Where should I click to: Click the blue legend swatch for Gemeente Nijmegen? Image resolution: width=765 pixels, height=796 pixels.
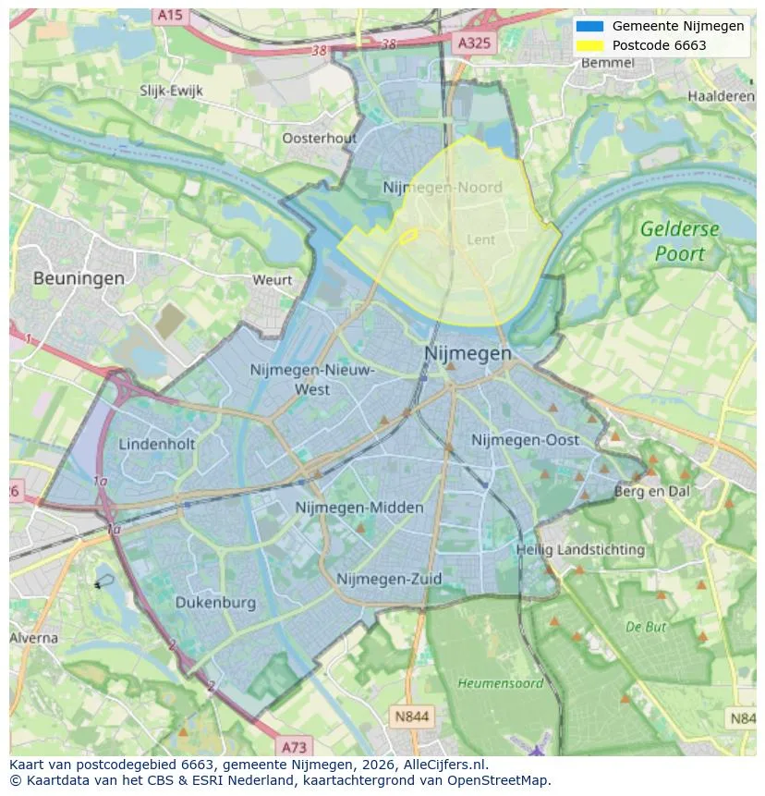(x=589, y=26)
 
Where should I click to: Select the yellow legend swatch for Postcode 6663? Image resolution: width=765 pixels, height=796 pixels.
(x=589, y=45)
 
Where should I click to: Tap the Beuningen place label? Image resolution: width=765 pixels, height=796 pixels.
(x=79, y=277)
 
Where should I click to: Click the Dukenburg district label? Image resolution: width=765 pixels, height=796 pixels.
(x=215, y=603)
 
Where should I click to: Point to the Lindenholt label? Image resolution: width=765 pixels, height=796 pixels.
(x=157, y=444)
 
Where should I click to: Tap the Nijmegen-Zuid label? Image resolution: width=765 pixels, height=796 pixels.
(x=389, y=579)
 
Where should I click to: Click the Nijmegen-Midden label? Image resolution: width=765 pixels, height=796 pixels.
(x=359, y=508)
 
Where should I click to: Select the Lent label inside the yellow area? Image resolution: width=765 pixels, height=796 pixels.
(x=481, y=239)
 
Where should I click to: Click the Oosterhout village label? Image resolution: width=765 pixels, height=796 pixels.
(x=319, y=138)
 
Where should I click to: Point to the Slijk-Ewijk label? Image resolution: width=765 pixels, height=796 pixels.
(x=171, y=91)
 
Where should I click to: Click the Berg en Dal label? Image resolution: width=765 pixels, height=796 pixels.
(x=651, y=492)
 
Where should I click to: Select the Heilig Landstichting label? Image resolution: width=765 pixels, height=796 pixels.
(x=580, y=549)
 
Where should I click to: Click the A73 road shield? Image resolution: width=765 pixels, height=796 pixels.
(x=294, y=746)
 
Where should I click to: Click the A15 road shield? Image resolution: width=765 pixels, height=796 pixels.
(x=170, y=15)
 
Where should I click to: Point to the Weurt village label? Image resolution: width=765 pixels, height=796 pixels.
(x=273, y=279)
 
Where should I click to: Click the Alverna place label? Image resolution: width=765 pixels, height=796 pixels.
(x=34, y=638)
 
